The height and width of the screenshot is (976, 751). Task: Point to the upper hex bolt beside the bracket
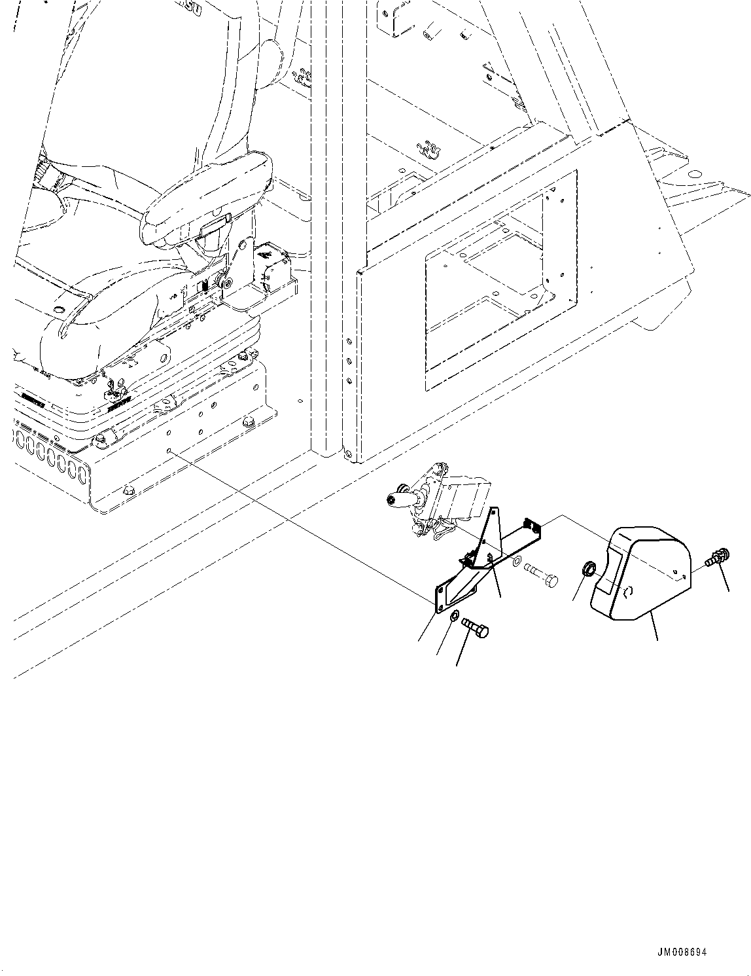(540, 577)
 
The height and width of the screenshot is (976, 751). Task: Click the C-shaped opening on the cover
(629, 592)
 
